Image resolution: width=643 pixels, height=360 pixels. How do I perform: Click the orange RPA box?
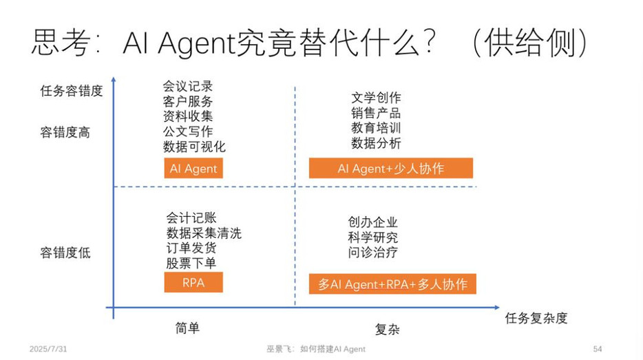pos(193,282)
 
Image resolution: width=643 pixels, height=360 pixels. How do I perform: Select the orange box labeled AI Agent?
pos(193,168)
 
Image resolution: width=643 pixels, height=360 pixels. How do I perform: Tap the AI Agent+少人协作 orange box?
pos(391,168)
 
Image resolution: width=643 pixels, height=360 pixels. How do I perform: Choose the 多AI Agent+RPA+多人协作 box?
pos(392,284)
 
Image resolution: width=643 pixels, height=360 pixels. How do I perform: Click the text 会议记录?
pos(188,86)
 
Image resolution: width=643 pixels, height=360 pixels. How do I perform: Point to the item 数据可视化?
pos(194,147)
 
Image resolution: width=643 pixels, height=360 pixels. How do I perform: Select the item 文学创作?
pos(376,98)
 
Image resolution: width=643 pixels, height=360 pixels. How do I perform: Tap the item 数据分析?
pos(376,143)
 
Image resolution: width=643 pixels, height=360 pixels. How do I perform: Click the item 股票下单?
pos(191,263)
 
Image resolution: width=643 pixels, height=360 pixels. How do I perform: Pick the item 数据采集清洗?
pos(204,233)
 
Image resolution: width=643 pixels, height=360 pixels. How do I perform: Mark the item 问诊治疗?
pos(372,252)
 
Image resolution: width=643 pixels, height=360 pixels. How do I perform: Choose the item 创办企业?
pos(372,222)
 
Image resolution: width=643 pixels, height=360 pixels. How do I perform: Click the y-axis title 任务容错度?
pos(72,91)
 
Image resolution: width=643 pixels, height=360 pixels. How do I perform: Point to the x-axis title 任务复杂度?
pos(536,318)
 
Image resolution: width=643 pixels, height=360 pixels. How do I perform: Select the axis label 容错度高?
pos(65,132)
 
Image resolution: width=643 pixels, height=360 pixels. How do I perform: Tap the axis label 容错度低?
pos(65,252)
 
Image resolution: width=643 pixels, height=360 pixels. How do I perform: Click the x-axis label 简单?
pos(187,328)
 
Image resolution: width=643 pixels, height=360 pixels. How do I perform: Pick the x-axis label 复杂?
pos(388,329)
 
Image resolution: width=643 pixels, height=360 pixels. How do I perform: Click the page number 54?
pos(598,349)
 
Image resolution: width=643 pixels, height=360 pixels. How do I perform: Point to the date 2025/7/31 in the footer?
pos(48,349)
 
